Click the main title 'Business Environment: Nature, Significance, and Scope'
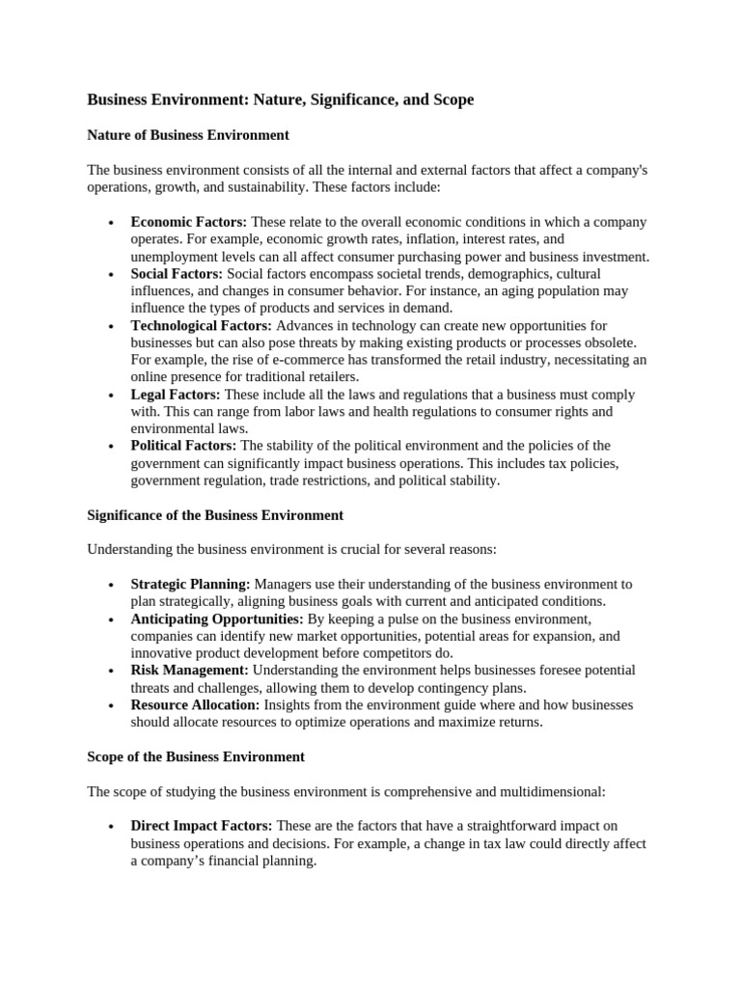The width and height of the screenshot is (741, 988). (x=281, y=99)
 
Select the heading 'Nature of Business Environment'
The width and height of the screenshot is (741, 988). (x=188, y=135)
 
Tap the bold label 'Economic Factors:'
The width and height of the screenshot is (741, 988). (x=189, y=222)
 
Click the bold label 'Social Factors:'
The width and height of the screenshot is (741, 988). (x=177, y=274)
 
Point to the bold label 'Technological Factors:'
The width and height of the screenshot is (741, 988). (x=202, y=326)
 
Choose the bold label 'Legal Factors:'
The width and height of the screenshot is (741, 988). (x=176, y=395)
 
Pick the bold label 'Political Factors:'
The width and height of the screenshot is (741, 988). (x=183, y=446)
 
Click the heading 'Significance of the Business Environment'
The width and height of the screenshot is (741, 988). (x=215, y=515)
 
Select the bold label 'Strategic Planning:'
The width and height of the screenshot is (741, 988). (x=190, y=584)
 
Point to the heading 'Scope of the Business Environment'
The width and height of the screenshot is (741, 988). (x=196, y=756)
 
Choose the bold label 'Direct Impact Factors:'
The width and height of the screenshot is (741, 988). (x=202, y=826)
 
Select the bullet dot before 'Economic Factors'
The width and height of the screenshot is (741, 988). (x=112, y=223)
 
